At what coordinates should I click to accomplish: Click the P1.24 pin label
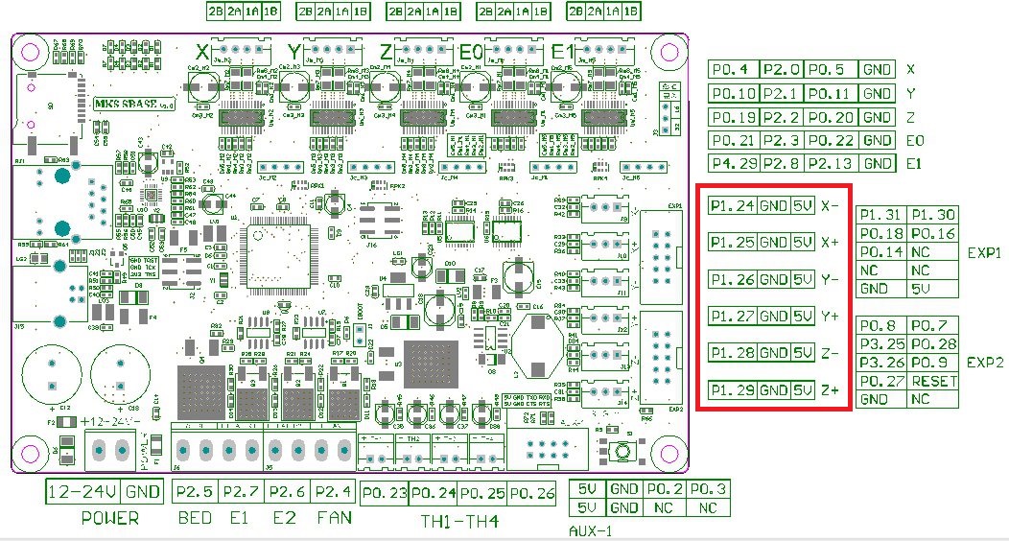(x=732, y=205)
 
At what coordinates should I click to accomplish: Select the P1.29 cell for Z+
(x=732, y=390)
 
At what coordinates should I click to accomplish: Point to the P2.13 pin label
(x=830, y=163)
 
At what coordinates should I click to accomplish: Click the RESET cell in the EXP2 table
(x=933, y=381)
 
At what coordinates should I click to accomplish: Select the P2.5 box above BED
(x=195, y=492)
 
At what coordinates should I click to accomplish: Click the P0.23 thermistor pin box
(x=385, y=493)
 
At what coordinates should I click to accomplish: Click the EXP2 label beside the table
(x=985, y=363)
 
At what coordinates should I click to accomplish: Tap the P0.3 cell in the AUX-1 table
(x=708, y=489)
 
